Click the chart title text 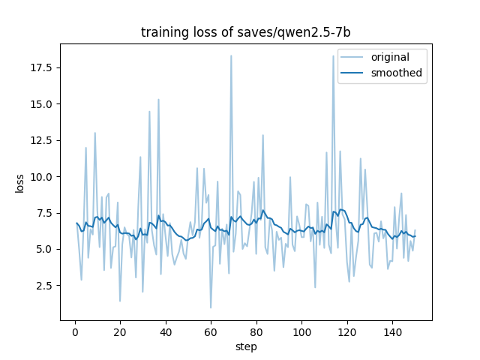pyautogui.click(x=245, y=32)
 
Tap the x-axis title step pyautogui.click(x=246, y=347)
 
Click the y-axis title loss pyautogui.click(x=19, y=184)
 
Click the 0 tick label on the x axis pyautogui.click(x=75, y=332)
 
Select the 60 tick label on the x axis pyautogui.click(x=211, y=332)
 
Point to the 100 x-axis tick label pyautogui.click(x=301, y=332)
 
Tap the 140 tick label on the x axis pyautogui.click(x=392, y=332)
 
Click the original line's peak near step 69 pyautogui.click(x=231, y=55)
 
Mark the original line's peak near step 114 pyautogui.click(x=333, y=55)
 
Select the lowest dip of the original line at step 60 pyautogui.click(x=211, y=307)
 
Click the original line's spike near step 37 pyautogui.click(x=158, y=99)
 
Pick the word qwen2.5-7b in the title pyautogui.click(x=313, y=32)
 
